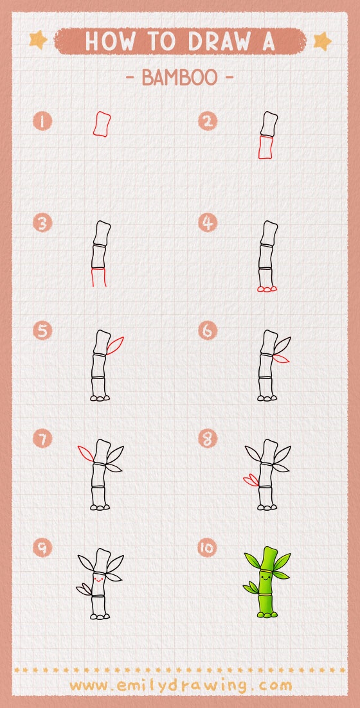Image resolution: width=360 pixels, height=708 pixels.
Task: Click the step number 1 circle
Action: (x=43, y=121)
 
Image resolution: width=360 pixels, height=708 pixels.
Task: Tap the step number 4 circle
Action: (x=207, y=223)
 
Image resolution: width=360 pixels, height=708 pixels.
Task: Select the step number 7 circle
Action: (x=43, y=439)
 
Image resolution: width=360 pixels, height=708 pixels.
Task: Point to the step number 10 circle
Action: (x=207, y=548)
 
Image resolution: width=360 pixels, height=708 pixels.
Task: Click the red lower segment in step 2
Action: (x=265, y=147)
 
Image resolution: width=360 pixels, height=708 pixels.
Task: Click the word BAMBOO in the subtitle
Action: (x=179, y=78)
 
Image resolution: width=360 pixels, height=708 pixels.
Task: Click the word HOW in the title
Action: (x=106, y=41)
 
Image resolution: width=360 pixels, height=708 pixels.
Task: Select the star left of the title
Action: (x=38, y=40)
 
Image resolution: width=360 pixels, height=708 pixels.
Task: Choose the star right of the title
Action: (x=321, y=41)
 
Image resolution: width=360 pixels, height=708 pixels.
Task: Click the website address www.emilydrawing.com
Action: (x=180, y=685)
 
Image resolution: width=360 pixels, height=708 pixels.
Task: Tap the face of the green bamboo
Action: (x=264, y=578)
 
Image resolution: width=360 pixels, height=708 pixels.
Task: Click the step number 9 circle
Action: (x=43, y=548)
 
